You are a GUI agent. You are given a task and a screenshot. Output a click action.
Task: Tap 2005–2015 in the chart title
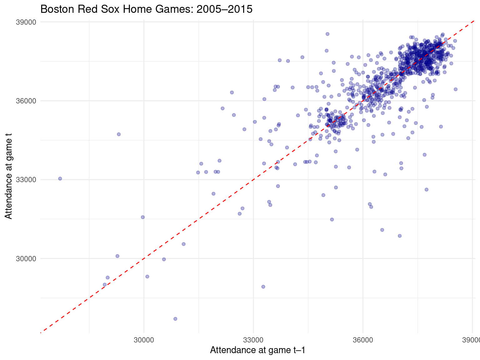(x=224, y=9)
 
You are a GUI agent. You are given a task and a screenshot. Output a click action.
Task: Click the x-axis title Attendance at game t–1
(x=257, y=350)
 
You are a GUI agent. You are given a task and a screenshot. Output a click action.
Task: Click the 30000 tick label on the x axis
(x=144, y=340)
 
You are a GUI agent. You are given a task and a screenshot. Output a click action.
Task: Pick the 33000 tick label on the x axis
(x=253, y=340)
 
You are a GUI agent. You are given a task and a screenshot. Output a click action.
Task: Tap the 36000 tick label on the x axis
(x=362, y=340)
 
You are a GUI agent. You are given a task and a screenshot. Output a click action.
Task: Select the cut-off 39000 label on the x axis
(x=472, y=340)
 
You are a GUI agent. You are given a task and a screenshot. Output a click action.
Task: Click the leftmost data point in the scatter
(x=60, y=179)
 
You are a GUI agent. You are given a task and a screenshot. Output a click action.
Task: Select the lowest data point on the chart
(x=175, y=319)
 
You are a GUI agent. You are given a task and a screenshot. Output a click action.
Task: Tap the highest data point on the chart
(x=327, y=34)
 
